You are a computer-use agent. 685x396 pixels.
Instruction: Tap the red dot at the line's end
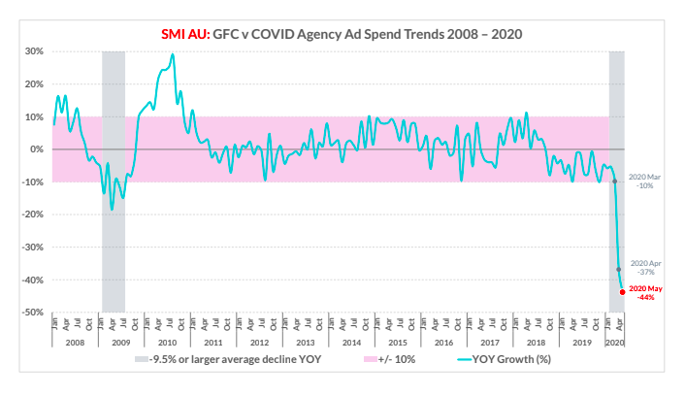point(622,291)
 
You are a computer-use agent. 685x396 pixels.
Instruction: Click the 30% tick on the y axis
point(33,51)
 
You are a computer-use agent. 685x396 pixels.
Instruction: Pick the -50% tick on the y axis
point(31,313)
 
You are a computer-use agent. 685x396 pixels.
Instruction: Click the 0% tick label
point(36,149)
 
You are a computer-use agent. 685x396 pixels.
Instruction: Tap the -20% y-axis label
point(31,214)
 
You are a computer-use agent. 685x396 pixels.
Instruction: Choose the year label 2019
point(583,343)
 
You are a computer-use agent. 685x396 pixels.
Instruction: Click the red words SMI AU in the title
point(186,34)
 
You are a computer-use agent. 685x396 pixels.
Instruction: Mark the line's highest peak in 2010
point(173,54)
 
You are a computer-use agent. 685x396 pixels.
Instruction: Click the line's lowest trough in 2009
point(112,209)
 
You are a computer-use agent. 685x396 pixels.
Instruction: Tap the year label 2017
point(491,343)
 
